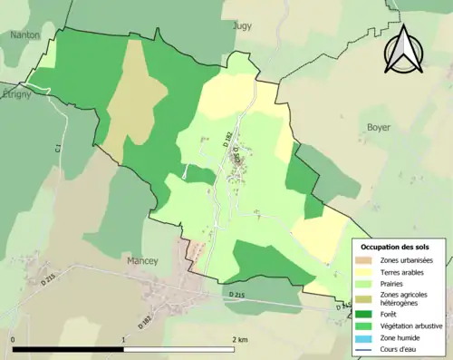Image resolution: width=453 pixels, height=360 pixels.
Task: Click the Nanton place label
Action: [x=24, y=35]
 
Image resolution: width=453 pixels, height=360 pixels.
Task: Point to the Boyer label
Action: [x=379, y=128]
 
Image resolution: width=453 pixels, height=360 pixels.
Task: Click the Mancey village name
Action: [x=140, y=260]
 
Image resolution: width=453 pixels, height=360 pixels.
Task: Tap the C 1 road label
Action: [x=56, y=147]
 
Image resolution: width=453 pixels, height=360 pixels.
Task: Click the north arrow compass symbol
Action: [x=406, y=49]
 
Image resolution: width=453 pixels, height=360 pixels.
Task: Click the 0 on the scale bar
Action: [x=13, y=339]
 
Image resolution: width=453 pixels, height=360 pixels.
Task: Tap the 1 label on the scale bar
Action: [x=123, y=339]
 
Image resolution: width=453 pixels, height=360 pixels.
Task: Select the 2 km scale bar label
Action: [x=239, y=339]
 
